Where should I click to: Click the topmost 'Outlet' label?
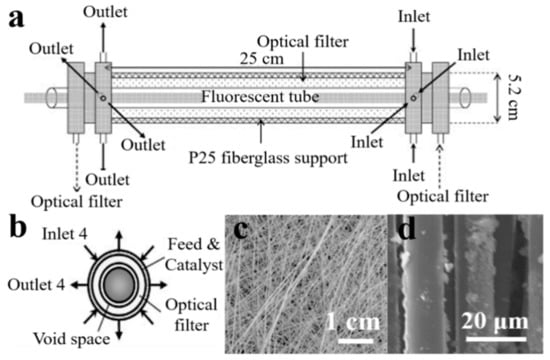[106, 9]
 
